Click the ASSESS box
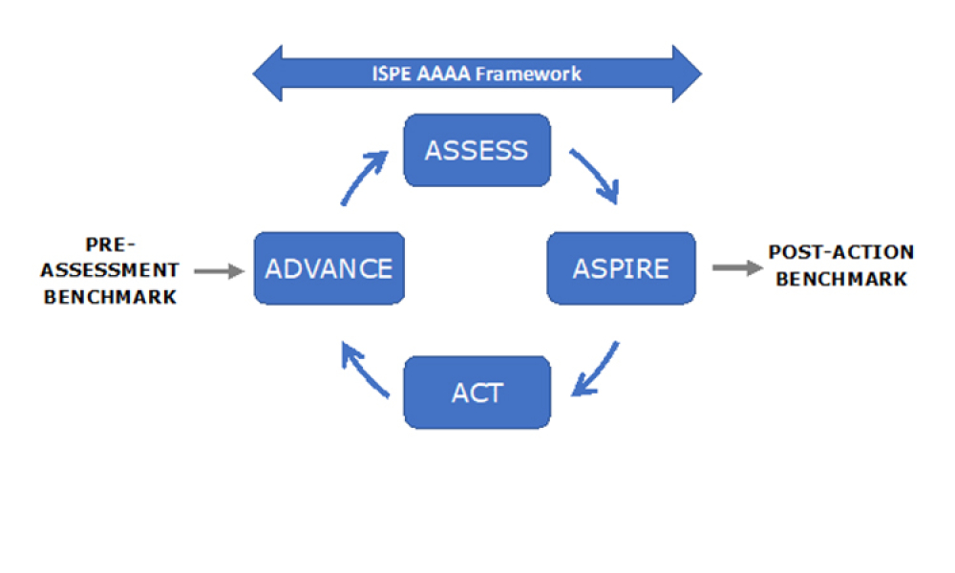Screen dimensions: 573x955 [x=477, y=151]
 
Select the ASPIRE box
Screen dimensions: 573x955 [x=621, y=268]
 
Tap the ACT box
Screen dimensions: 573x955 [x=477, y=393]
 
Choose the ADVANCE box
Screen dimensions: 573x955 [x=329, y=268]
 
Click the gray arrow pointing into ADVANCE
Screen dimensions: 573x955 [x=219, y=271]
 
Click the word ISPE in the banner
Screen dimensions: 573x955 [x=392, y=74]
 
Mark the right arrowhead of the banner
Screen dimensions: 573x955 [x=686, y=74]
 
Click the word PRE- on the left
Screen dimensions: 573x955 [x=112, y=244]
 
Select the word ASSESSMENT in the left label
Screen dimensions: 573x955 [x=112, y=270]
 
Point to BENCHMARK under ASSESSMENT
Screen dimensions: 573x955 [x=112, y=296]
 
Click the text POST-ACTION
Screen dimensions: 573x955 [x=840, y=253]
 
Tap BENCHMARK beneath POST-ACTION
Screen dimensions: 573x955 [x=840, y=279]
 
